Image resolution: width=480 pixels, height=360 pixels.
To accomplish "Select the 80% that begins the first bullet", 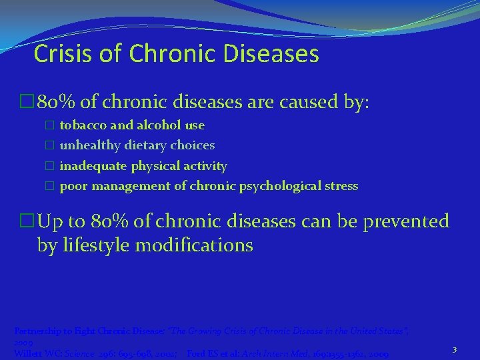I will point(53,103).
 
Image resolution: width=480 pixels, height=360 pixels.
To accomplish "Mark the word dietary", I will point(145,145).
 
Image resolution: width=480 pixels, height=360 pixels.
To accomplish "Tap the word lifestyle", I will point(95,245).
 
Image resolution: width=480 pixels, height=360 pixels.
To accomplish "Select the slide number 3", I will point(454,349).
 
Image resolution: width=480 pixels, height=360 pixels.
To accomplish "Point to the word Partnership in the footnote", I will point(37,331).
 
